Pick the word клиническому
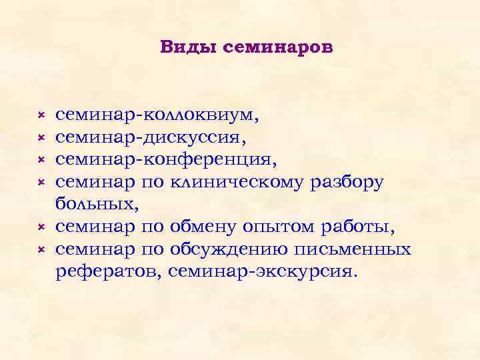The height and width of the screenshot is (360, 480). (237, 183)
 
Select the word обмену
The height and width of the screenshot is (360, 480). (204, 227)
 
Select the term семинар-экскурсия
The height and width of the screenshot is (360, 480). (263, 272)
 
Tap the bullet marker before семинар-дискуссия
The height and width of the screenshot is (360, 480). (40, 138)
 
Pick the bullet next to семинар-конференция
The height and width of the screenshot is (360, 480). (40, 161)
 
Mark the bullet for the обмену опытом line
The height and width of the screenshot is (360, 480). (40, 228)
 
